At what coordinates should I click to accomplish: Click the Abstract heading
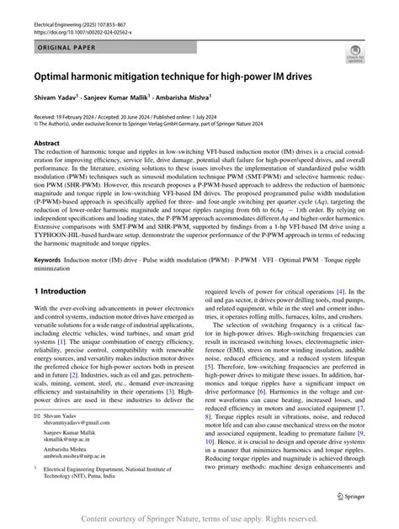[46, 145]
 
